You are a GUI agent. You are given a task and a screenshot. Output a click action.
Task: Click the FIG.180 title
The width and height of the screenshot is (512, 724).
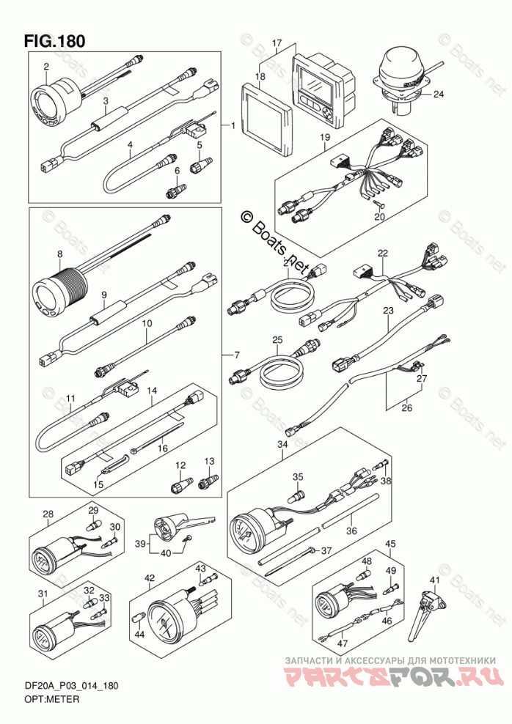[54, 40]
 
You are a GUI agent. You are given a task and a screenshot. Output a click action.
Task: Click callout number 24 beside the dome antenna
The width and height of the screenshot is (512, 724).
[438, 94]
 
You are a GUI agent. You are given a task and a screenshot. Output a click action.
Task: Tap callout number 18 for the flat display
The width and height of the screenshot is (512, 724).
[260, 75]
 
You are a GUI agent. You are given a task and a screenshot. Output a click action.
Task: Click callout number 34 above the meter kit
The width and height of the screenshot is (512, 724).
[283, 445]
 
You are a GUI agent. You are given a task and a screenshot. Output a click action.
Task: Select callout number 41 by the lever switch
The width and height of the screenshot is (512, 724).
[435, 580]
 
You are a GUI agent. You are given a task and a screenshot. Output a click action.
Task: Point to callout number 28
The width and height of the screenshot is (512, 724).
[48, 514]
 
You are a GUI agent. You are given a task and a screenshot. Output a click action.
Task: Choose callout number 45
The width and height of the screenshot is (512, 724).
[390, 544]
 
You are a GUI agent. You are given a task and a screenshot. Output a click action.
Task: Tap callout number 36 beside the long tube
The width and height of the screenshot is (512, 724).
[352, 532]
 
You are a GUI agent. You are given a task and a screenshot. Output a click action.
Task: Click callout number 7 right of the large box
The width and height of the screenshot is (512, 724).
[236, 355]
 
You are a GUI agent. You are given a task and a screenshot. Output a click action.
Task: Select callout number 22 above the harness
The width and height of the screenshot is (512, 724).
[382, 253]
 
